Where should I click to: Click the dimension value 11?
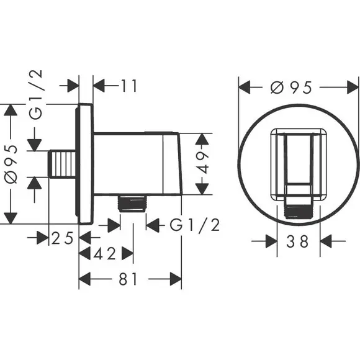(128, 86)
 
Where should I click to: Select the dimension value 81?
(128, 279)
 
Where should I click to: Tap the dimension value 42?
(104, 254)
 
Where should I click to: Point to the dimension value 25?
(62, 238)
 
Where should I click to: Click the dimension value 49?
(203, 163)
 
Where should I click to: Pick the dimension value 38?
(297, 241)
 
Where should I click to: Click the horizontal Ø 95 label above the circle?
(291, 88)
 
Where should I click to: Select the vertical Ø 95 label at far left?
(11, 164)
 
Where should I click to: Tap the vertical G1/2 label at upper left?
(36, 94)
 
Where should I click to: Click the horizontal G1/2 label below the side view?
(195, 225)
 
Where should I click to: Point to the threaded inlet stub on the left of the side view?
(62, 164)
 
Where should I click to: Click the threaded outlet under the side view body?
(132, 204)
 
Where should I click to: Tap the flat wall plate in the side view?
(85, 164)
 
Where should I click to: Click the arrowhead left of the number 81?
(84, 279)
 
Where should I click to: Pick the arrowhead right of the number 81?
(176, 279)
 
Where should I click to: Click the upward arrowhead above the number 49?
(202, 139)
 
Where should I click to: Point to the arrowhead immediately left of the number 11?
(99, 86)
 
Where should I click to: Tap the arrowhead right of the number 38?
(326, 241)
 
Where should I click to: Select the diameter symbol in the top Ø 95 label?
(276, 88)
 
